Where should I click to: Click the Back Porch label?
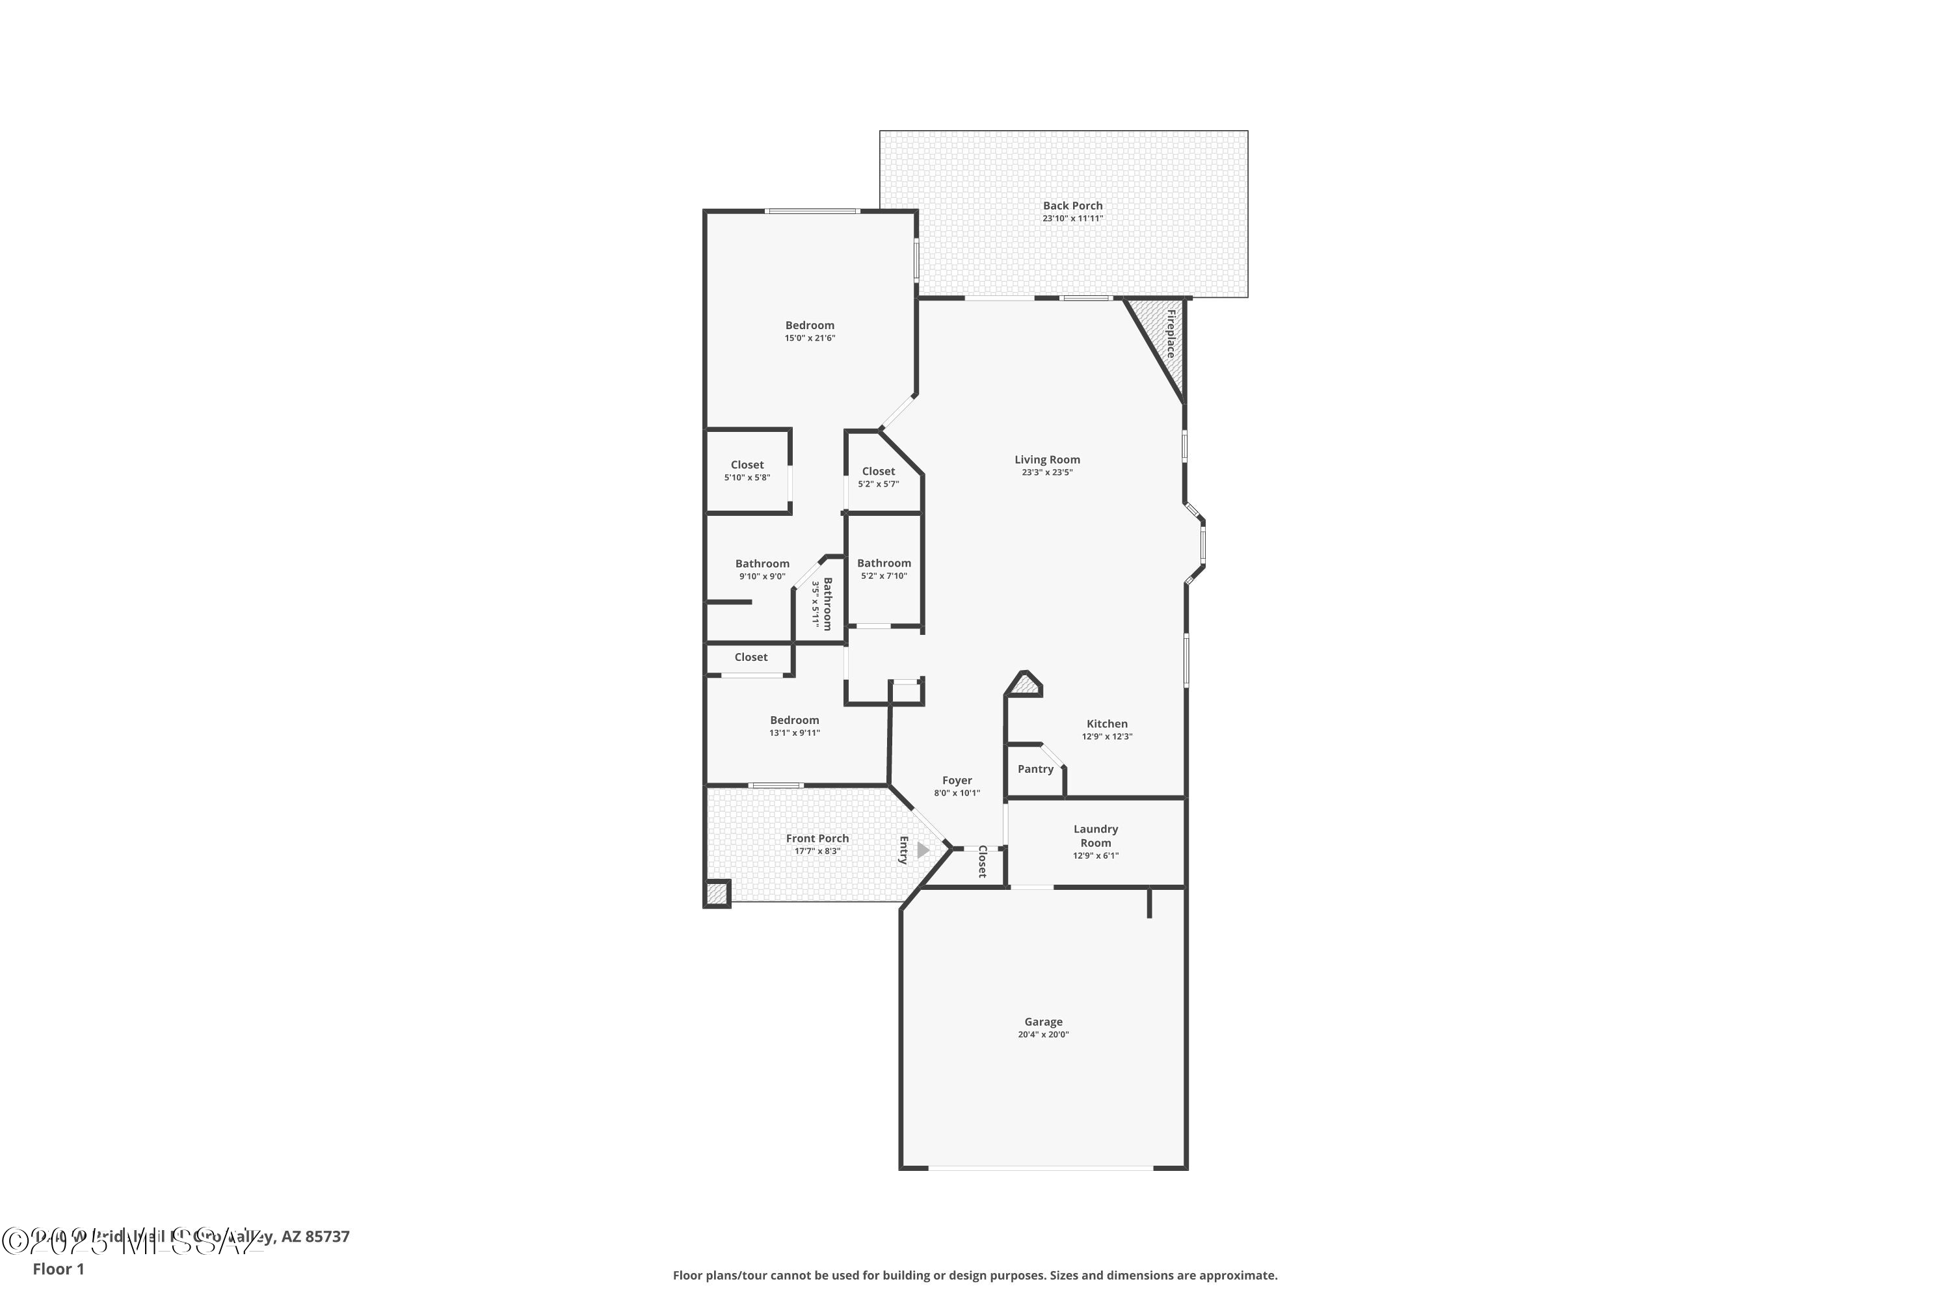(x=1072, y=206)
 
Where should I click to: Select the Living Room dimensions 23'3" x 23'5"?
(x=1047, y=473)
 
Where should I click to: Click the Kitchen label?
(x=1107, y=723)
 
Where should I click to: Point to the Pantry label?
(x=1035, y=769)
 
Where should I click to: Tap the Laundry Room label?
(x=1095, y=835)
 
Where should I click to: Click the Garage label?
(x=1042, y=1022)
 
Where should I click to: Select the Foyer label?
(x=957, y=780)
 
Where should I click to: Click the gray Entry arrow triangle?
(x=922, y=850)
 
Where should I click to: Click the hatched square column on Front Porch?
(x=716, y=894)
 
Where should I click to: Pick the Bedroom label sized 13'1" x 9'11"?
(x=794, y=720)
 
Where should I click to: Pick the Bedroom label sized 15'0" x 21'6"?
(x=810, y=325)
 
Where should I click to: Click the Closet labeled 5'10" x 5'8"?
(x=747, y=464)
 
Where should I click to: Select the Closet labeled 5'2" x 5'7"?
(x=877, y=471)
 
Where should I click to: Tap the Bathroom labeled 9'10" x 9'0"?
(x=762, y=563)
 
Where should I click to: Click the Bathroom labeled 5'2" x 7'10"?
(x=883, y=563)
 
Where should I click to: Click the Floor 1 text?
(x=58, y=1268)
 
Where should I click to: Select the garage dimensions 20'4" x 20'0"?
(x=1042, y=1035)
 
